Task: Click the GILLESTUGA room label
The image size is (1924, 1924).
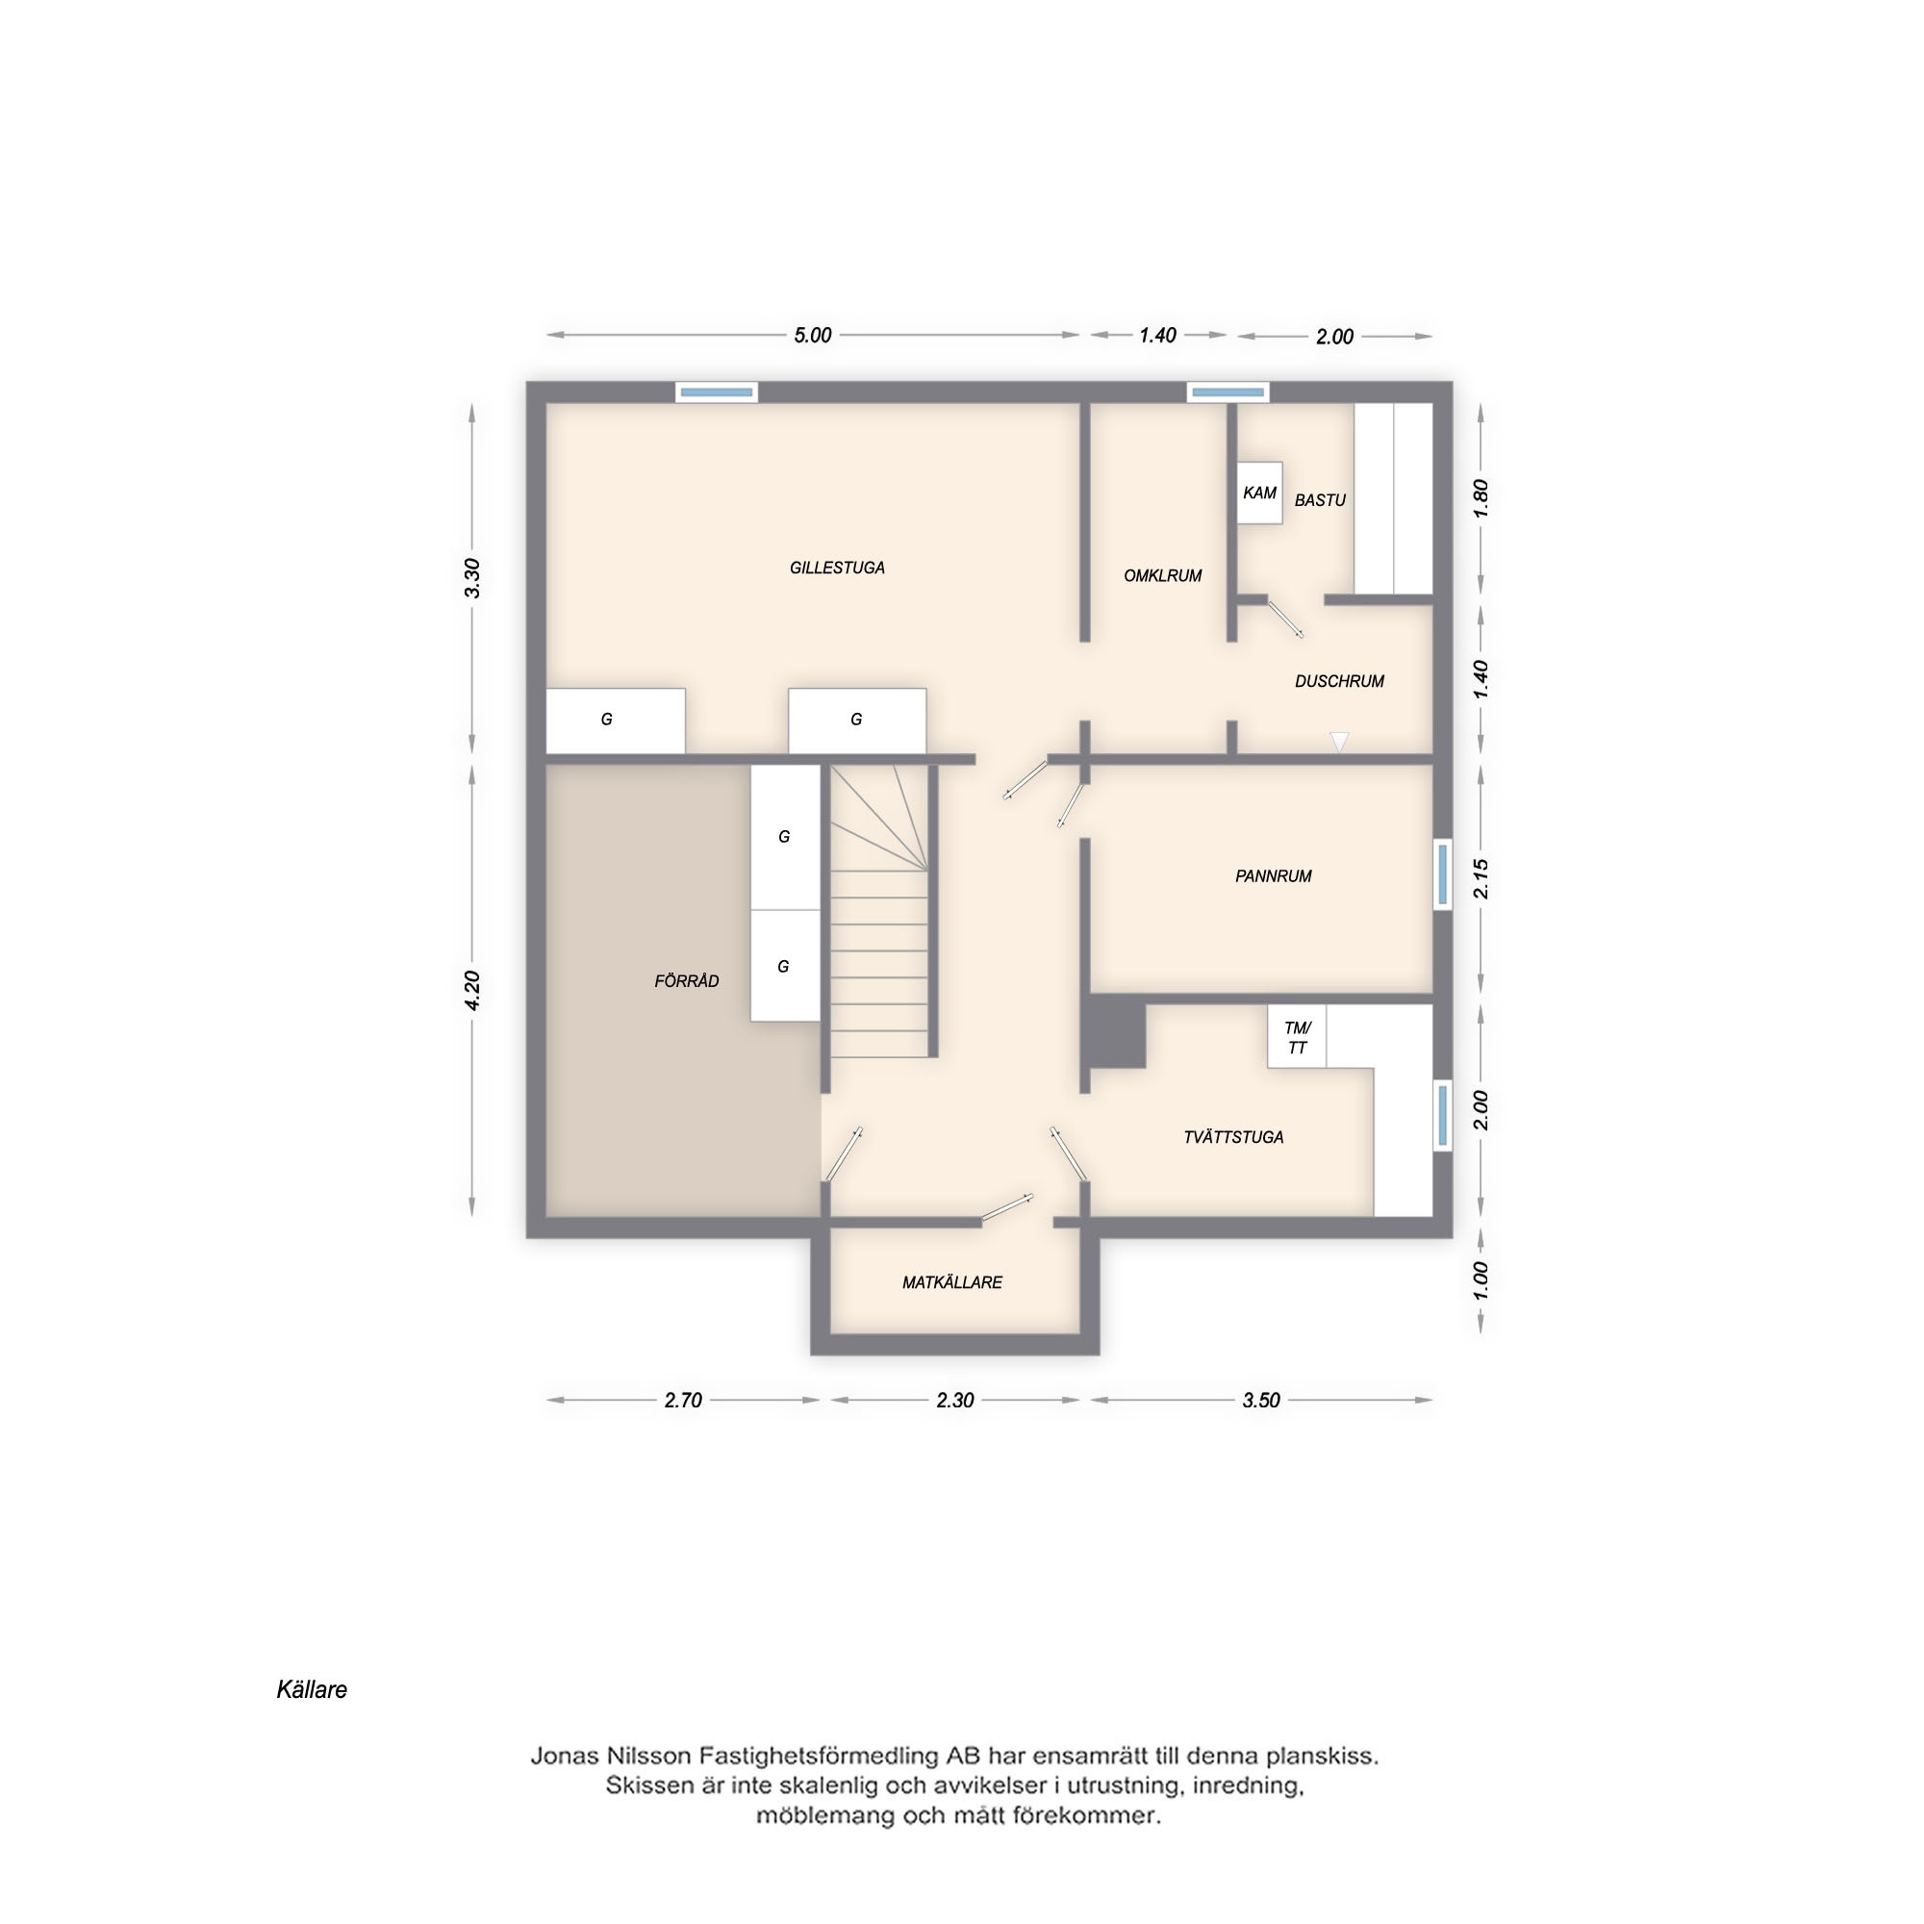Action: (837, 568)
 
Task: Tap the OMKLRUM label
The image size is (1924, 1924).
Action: (1162, 575)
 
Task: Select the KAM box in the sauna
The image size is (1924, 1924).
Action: (1260, 493)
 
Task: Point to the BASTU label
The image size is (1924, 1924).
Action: (1320, 500)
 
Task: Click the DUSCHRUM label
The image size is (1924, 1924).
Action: (1339, 681)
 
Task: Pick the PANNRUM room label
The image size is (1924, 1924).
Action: (1273, 876)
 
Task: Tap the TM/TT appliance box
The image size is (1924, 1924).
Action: (1297, 1037)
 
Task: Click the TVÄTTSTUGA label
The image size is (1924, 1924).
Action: (1233, 1137)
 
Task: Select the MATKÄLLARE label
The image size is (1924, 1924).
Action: (952, 1282)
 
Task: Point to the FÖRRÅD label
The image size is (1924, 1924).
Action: (686, 981)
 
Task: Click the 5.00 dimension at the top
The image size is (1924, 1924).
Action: (812, 336)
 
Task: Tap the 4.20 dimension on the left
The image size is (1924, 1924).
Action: (472, 990)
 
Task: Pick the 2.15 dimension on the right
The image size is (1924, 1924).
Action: (1481, 878)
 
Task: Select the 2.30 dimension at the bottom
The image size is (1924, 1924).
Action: (954, 1400)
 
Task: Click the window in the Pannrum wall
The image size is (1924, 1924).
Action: (1443, 874)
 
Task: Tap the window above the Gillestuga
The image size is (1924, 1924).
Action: (717, 392)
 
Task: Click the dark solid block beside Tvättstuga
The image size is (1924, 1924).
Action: (1115, 1036)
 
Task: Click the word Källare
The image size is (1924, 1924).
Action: (312, 1689)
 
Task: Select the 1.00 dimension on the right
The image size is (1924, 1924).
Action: (1481, 1280)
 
